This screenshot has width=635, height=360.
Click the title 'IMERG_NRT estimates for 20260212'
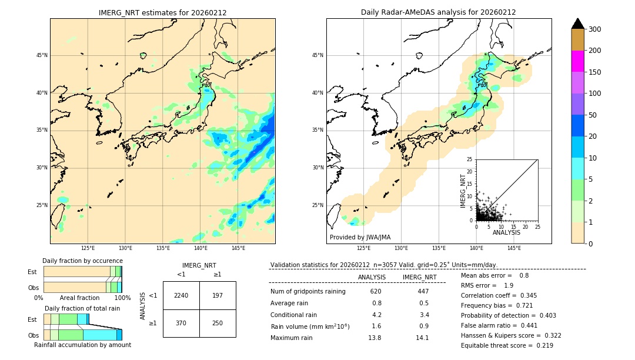[x=162, y=12]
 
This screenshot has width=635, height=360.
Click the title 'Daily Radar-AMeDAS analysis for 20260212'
[x=439, y=12]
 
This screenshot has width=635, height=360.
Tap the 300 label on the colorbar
[x=594, y=29]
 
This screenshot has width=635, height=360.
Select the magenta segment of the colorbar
[x=578, y=61]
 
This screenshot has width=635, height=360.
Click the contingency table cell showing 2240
[x=181, y=295]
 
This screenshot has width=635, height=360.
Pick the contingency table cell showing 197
[x=218, y=295]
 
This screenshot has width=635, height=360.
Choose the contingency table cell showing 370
[x=181, y=323]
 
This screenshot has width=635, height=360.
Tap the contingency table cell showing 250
[x=218, y=323]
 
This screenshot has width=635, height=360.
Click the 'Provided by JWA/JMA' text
[x=360, y=237]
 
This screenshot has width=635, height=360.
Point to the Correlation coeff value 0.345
[x=525, y=295]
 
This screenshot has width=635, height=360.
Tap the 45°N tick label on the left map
[x=41, y=55]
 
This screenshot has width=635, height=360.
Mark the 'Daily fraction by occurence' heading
[x=82, y=261]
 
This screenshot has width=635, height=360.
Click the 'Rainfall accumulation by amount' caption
[x=82, y=345]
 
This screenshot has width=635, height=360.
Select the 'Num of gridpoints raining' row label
[x=308, y=292]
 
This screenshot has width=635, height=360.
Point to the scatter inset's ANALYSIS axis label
[x=506, y=232]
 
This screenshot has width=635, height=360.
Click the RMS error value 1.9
[x=509, y=285]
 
